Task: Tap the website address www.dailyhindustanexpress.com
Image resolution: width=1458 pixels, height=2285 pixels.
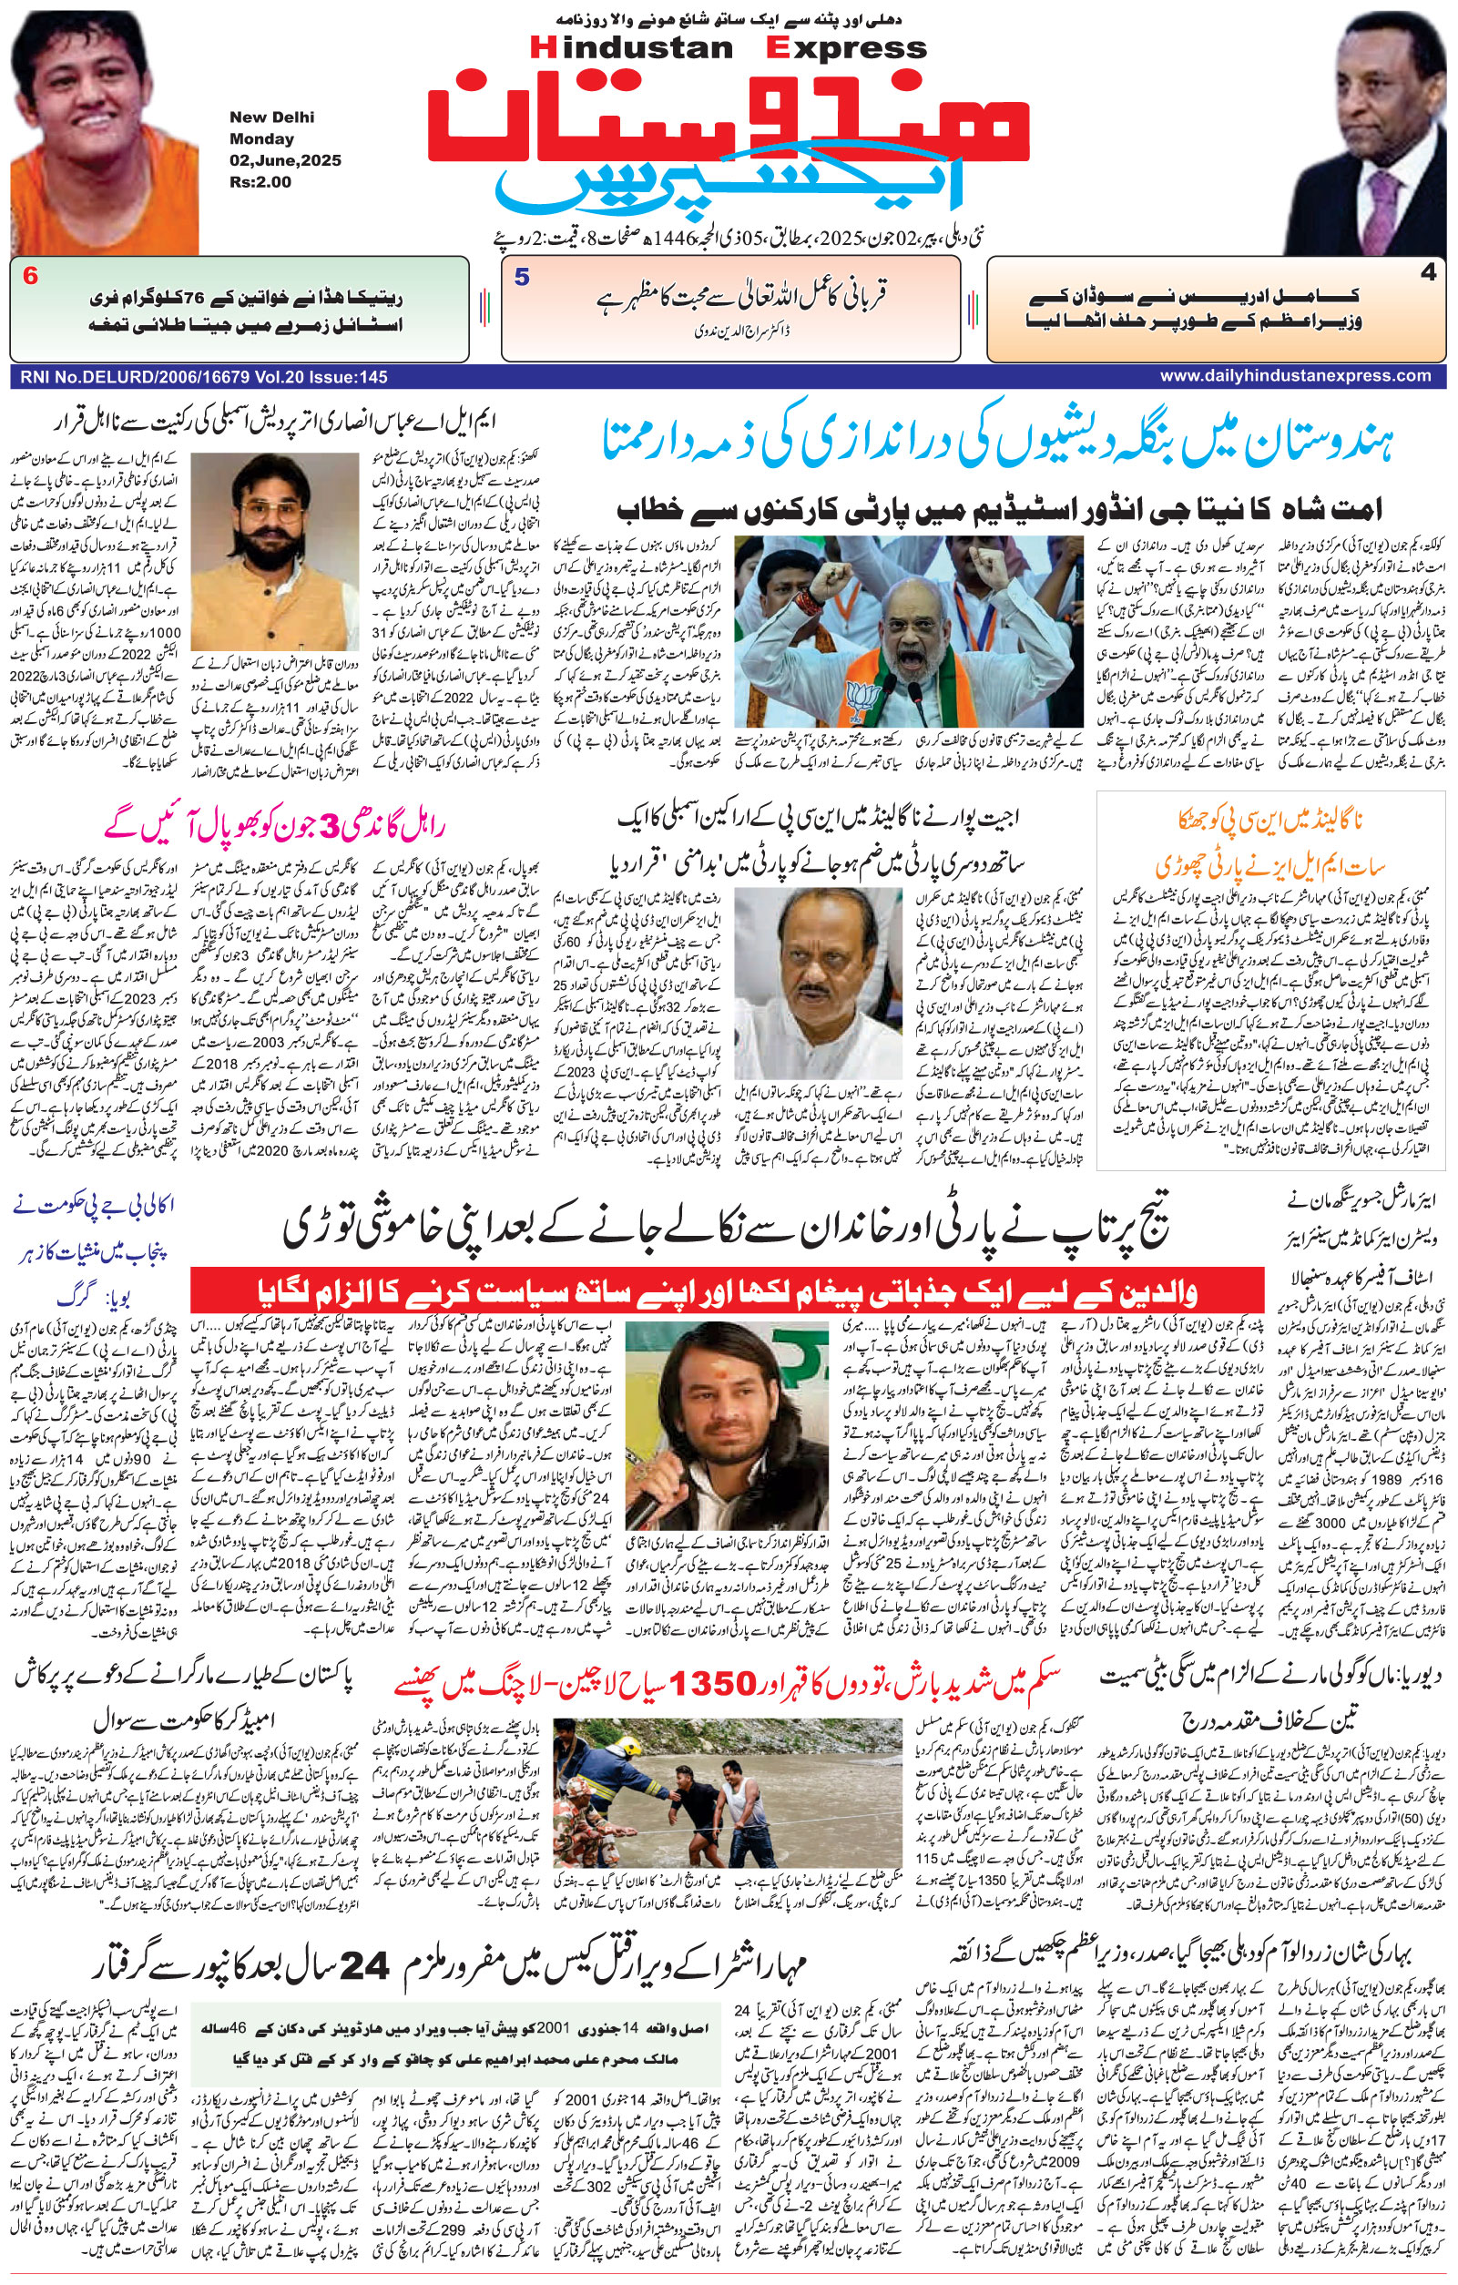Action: (1295, 376)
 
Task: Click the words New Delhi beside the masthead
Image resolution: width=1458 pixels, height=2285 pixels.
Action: (271, 117)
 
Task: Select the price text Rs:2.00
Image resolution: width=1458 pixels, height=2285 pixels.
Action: (260, 181)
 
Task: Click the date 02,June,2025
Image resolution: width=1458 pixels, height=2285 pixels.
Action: (284, 160)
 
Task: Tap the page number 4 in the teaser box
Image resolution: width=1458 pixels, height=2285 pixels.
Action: (1428, 272)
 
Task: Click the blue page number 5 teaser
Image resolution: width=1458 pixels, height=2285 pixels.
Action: (522, 277)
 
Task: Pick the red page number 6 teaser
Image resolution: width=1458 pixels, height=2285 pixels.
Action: (30, 276)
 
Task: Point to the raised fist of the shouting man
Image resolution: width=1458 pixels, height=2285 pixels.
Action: (840, 581)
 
